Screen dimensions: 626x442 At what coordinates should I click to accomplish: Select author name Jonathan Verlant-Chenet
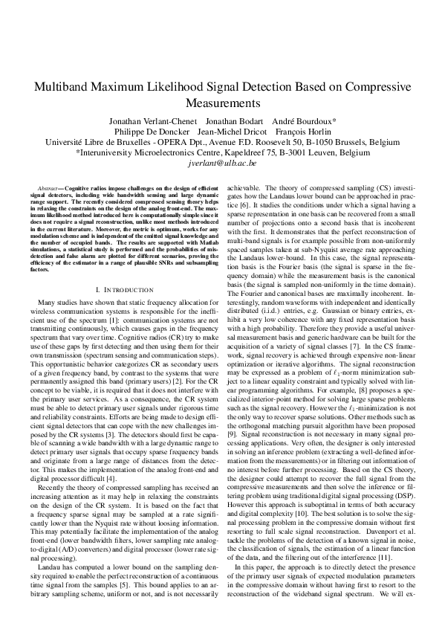click(152, 120)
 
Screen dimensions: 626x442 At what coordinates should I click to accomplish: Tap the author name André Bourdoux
click(305, 120)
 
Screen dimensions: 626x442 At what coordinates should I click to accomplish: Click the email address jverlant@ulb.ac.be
click(221, 162)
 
